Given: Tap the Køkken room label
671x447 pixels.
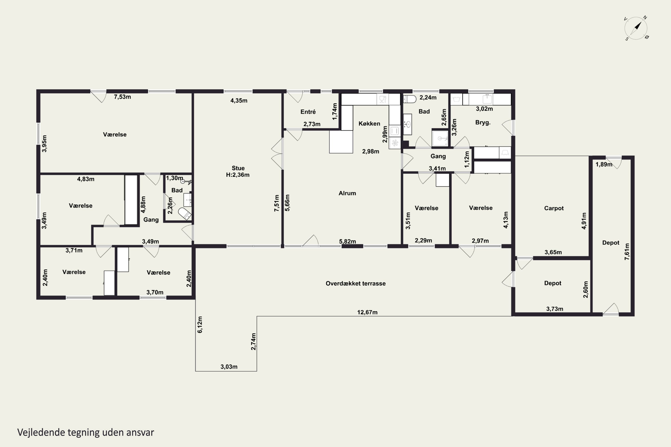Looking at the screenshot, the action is click(x=369, y=123).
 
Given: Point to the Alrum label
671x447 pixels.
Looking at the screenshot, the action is click(x=347, y=193).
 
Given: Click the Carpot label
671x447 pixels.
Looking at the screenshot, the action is click(x=554, y=208).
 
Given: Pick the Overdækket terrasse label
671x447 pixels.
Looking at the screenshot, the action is click(x=355, y=283).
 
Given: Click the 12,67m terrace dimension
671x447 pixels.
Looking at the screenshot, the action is click(x=367, y=312).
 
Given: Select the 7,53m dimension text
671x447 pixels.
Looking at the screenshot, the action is click(x=122, y=97).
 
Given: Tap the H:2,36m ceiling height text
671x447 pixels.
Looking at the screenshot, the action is click(x=238, y=175).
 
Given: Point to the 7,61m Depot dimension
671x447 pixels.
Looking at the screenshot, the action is click(x=627, y=251).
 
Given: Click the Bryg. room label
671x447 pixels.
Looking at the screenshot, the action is click(x=483, y=122).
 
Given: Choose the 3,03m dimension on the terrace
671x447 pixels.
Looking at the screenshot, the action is click(x=229, y=367).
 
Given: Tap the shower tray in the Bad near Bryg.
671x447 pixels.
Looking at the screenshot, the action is click(x=440, y=139).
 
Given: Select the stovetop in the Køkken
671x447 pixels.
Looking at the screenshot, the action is click(x=395, y=143).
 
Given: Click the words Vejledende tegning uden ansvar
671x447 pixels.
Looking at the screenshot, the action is click(x=86, y=432).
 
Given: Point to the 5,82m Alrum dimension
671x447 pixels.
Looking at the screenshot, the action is click(x=348, y=241).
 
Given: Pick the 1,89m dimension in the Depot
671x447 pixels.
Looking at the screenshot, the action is click(x=604, y=164).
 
